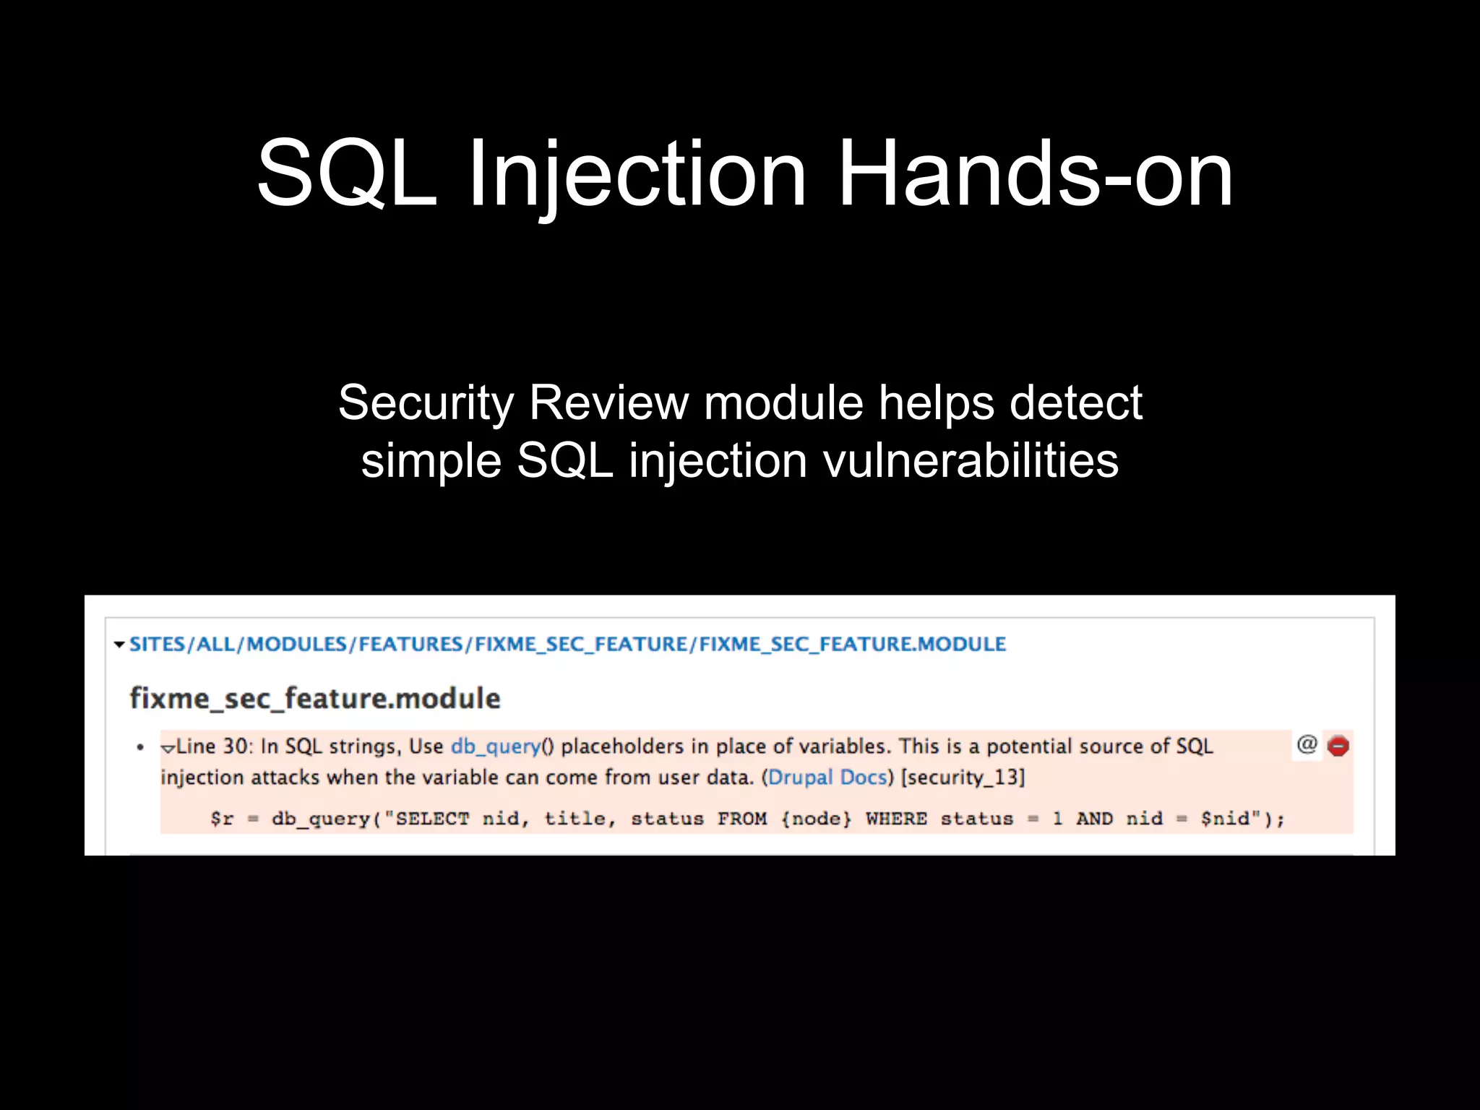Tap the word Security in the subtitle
click(426, 403)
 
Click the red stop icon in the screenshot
click(1338, 746)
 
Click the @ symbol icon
click(1307, 744)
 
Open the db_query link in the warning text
click(496, 747)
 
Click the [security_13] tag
click(963, 778)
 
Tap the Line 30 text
click(214, 747)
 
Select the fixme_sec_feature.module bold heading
click(315, 699)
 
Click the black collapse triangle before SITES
click(119, 645)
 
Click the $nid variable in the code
click(1225, 819)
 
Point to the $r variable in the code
click(222, 819)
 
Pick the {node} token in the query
click(816, 819)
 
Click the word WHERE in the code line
click(896, 819)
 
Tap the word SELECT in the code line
click(432, 819)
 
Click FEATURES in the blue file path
click(410, 645)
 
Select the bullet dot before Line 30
click(140, 747)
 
